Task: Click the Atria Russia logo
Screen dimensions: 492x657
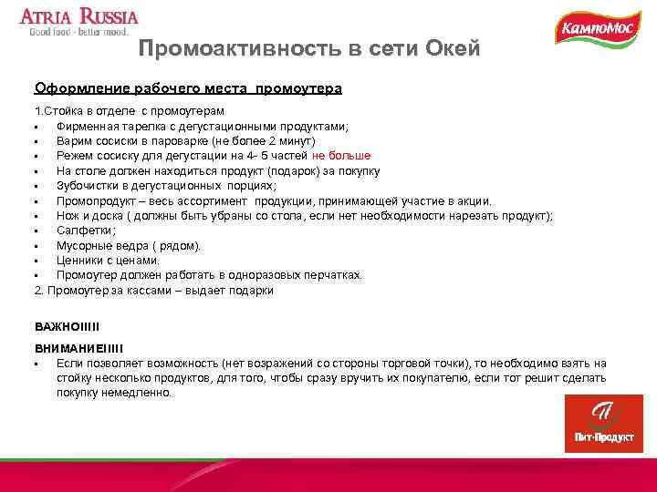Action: coord(79,23)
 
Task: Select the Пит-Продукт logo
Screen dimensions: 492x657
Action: coord(603,424)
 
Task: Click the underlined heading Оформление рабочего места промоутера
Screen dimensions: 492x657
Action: coord(188,88)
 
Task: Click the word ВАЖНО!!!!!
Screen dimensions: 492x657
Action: coord(67,325)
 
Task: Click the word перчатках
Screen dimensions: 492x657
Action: coord(329,275)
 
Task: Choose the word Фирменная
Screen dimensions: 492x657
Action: coord(89,126)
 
